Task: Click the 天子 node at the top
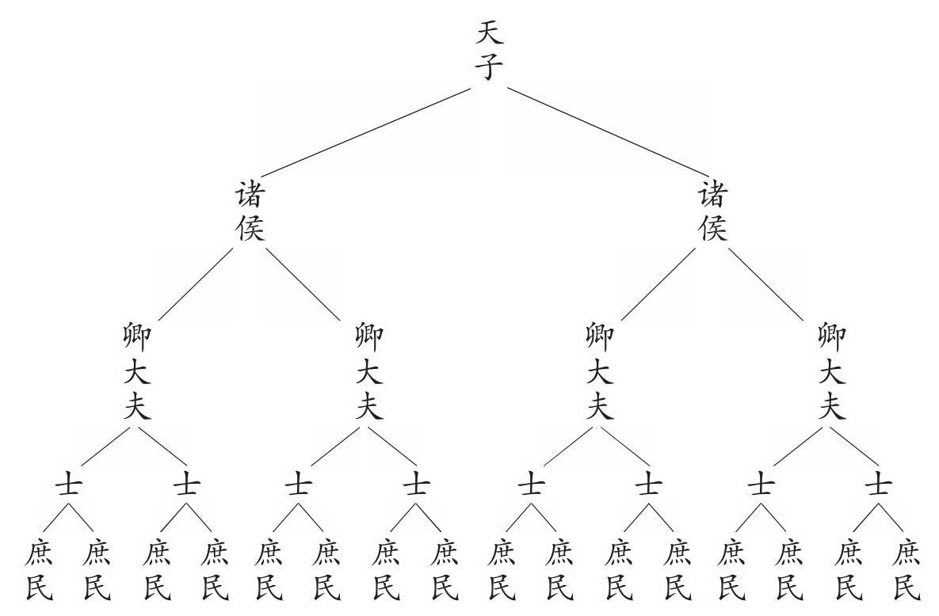point(489,51)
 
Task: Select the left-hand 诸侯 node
point(250,211)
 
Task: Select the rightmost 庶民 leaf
point(906,568)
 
